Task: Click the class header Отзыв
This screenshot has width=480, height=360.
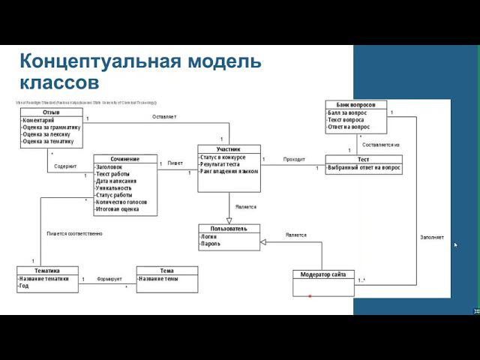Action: pos(51,112)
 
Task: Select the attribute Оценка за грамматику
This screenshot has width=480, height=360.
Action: pos(51,127)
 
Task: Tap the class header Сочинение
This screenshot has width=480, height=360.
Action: pos(126,159)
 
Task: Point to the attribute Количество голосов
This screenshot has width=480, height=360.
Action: pos(121,202)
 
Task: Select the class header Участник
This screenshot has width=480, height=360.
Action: pos(229,149)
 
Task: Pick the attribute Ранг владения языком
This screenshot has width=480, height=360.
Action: pos(229,171)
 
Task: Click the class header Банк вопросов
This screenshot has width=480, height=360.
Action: pos(356,104)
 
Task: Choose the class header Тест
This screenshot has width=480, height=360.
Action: pos(364,160)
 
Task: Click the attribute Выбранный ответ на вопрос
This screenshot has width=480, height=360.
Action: pos(364,168)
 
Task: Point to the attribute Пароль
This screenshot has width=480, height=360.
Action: pos(210,244)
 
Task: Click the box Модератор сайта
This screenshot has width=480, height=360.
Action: pos(322,274)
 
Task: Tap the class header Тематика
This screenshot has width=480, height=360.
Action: pos(47,270)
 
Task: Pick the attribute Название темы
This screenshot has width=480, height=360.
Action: pos(158,278)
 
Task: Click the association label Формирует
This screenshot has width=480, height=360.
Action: pos(109,278)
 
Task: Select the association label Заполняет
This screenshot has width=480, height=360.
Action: pos(431,237)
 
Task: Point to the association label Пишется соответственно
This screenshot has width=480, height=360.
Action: pos(74,234)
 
